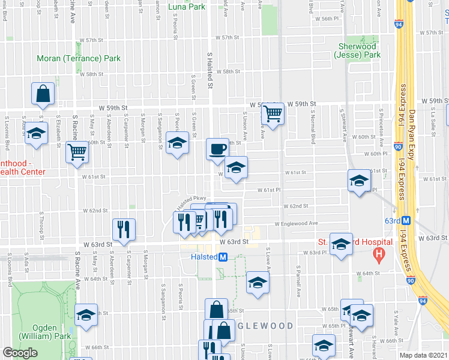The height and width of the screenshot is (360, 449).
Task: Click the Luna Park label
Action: [187, 7]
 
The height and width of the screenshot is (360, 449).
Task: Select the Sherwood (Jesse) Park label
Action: [357, 50]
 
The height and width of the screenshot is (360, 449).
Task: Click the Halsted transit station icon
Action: [223, 257]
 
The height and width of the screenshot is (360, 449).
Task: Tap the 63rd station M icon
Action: [406, 221]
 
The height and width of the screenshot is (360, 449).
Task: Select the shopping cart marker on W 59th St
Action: [273, 113]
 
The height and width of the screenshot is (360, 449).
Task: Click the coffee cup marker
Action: [217, 148]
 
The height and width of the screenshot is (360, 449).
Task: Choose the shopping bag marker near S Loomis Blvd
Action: [43, 94]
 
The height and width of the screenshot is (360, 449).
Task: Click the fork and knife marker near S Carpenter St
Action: [124, 229]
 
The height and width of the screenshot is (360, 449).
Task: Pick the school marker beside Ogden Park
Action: [86, 314]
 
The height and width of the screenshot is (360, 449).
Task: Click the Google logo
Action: [20, 353]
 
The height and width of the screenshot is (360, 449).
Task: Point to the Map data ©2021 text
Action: [424, 355]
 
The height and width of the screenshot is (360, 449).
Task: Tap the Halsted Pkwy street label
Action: [191, 199]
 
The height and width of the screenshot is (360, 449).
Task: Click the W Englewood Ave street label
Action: [296, 223]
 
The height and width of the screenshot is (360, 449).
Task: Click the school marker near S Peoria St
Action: [177, 142]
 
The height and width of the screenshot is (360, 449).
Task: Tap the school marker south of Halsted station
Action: [257, 281]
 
